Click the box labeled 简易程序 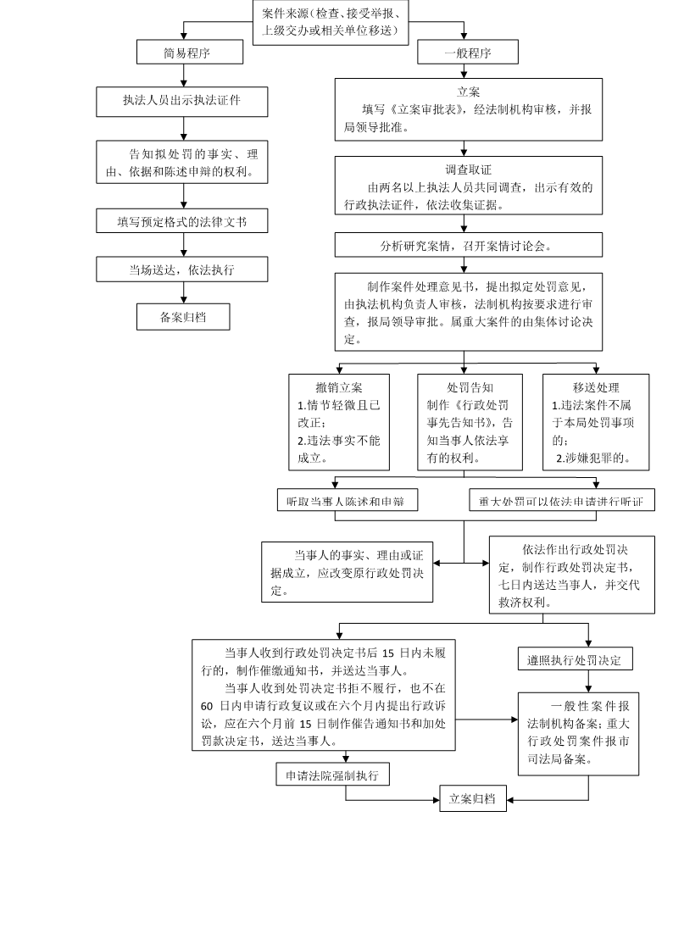pos(189,52)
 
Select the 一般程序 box pos(468,52)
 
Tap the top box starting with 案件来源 pos(331,22)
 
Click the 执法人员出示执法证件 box pos(182,101)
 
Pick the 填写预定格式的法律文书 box pos(182,221)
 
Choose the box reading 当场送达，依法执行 pos(182,269)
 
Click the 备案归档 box pos(183,317)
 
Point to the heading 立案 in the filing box pos(468,92)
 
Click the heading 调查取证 pos(468,170)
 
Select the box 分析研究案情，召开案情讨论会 pos(468,245)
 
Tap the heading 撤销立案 pos(339,388)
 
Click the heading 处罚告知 pos(470,388)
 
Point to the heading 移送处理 pos(596,388)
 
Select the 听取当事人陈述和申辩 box pos(348,500)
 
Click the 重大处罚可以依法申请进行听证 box pos(562,500)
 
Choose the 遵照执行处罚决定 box pos(575,658)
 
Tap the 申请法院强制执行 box pos(332,775)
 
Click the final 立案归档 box pos(473,798)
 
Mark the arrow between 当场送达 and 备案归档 pos(184,293)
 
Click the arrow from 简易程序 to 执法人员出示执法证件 pos(184,75)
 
